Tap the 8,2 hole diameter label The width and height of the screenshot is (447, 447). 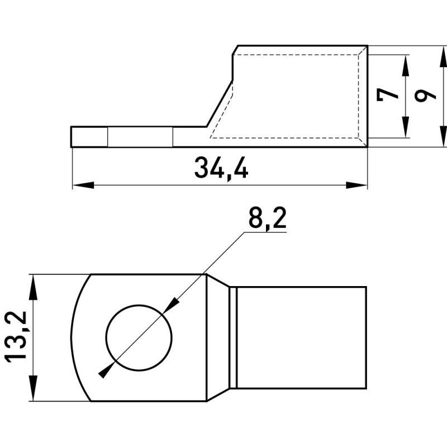click(267, 217)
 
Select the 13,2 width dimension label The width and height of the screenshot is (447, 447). click(16, 337)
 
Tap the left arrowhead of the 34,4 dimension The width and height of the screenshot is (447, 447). click(83, 185)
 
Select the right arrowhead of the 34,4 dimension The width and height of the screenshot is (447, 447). click(356, 185)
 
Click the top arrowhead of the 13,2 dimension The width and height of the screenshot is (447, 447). click(34, 286)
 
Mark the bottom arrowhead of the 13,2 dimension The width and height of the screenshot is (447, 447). click(34, 390)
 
